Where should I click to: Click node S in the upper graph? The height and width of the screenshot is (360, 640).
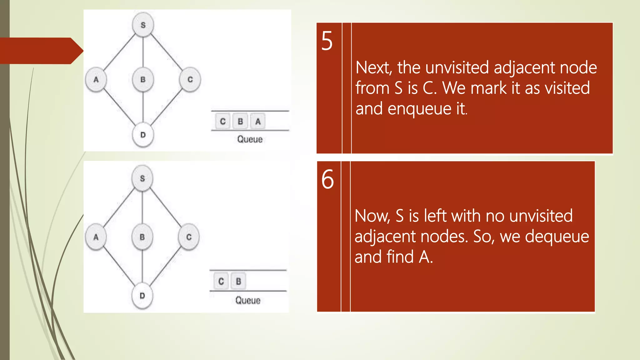143,25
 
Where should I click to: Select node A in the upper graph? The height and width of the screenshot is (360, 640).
96,80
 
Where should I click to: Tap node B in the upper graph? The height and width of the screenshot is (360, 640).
143,80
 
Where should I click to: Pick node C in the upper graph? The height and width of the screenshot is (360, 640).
190,80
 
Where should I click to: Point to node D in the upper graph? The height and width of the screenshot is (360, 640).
143,135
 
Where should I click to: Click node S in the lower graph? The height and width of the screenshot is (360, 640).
142,178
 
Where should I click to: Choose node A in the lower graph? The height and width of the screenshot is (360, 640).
96,237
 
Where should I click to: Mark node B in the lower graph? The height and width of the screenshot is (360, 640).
142,237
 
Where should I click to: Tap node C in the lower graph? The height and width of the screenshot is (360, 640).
189,237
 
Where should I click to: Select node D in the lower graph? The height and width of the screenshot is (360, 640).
142,296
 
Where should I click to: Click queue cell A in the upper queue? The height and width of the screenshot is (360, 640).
258,121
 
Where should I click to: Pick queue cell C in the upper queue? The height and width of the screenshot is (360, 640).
223,121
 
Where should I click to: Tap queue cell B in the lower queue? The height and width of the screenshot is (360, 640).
238,281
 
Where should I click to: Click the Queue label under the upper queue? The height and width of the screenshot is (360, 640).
250,139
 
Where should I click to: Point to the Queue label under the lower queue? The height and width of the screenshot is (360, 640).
248,301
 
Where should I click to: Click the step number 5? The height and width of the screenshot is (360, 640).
327,41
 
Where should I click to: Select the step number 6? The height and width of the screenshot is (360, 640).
327,179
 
